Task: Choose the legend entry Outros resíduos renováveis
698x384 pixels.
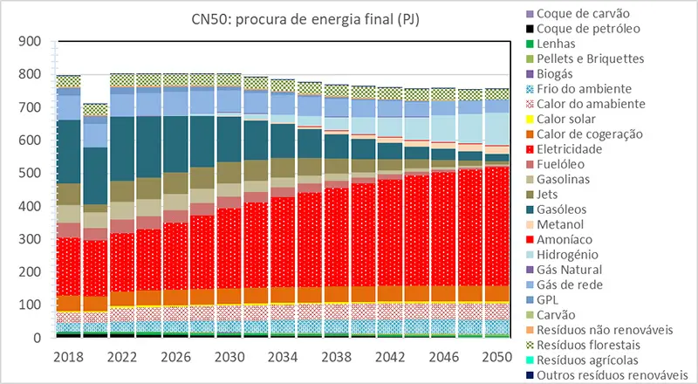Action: point(612,375)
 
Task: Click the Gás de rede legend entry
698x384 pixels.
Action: point(571,285)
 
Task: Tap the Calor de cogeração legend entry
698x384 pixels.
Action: point(590,134)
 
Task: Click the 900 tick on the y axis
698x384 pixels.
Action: point(31,42)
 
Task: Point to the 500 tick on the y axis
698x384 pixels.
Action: point(31,174)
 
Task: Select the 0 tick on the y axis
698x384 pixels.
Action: point(37,338)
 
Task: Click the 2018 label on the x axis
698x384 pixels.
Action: point(68,356)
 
